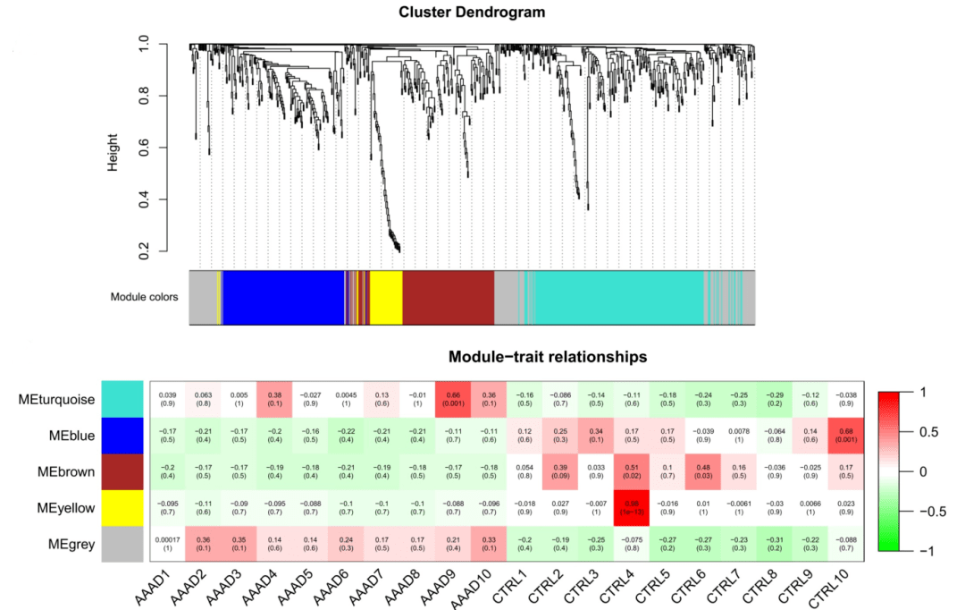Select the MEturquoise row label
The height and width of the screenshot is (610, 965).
55,399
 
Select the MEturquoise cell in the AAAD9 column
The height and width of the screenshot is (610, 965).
453,399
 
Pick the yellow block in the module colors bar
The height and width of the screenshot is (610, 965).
386,297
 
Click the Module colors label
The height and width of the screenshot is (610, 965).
144,297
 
